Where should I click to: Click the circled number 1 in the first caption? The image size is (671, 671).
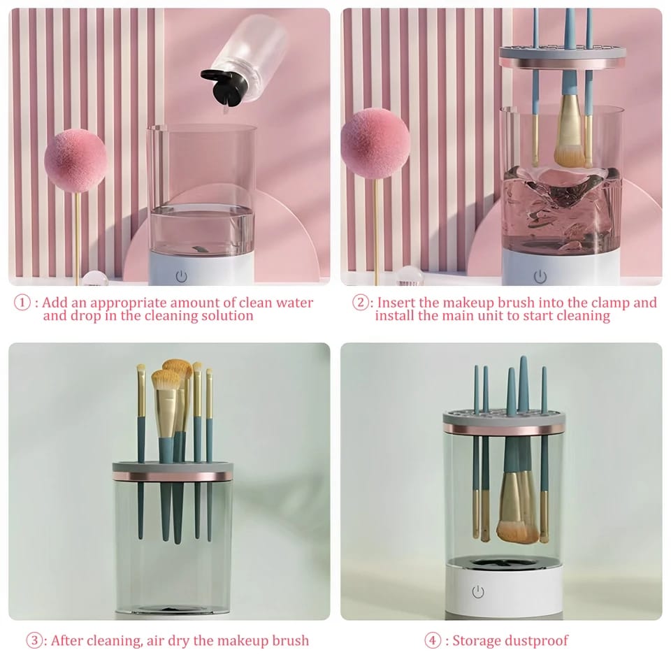(23, 303)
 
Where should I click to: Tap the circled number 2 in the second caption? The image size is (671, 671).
(360, 303)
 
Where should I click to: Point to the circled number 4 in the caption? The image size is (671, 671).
(434, 640)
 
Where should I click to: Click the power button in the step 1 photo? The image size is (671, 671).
(182, 275)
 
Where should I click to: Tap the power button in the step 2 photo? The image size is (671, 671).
(540, 276)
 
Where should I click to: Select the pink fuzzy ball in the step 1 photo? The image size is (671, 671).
(75, 160)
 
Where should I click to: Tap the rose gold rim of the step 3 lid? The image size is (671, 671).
(173, 475)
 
